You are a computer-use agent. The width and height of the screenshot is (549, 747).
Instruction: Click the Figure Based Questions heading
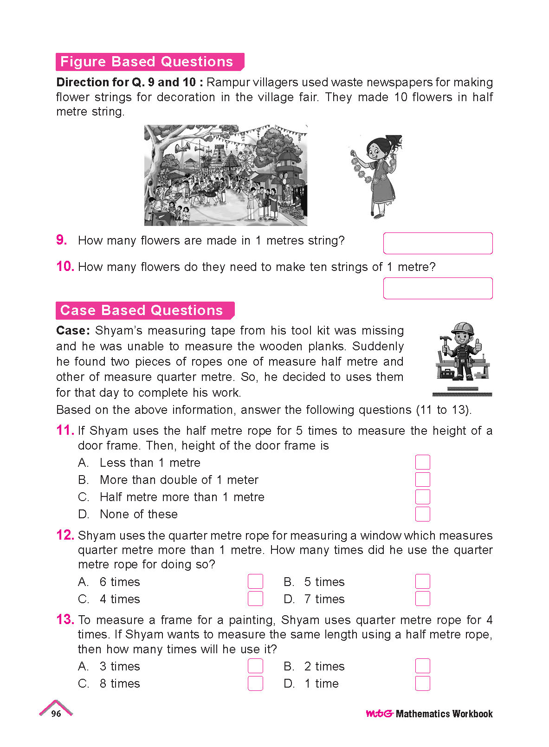tap(147, 62)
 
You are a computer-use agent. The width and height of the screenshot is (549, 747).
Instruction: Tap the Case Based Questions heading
tap(142, 310)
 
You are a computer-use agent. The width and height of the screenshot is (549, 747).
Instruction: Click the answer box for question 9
tap(438, 243)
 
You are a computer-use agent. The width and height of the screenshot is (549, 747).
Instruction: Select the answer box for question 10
tap(438, 288)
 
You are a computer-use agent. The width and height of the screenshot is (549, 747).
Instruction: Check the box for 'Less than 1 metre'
tap(422, 462)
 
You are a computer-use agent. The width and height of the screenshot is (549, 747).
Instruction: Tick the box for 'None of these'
tap(422, 514)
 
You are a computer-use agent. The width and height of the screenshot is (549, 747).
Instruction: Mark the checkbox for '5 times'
tap(422, 581)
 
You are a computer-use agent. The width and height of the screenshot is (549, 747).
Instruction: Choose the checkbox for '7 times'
tap(422, 599)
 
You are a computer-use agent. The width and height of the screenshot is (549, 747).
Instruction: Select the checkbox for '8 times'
tap(255, 683)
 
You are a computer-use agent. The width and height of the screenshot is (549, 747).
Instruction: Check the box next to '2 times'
tap(422, 666)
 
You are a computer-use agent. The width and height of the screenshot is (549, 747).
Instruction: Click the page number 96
tap(56, 714)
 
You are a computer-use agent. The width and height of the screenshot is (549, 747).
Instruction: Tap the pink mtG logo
tap(380, 714)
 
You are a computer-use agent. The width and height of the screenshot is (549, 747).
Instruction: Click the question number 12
tap(65, 535)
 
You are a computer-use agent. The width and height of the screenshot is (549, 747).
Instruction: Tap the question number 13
tap(65, 619)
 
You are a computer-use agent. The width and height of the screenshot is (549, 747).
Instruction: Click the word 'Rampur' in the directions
tap(226, 82)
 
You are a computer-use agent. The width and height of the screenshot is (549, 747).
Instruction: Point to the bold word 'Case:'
tap(73, 330)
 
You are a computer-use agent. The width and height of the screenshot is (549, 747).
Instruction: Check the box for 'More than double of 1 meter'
tap(422, 479)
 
